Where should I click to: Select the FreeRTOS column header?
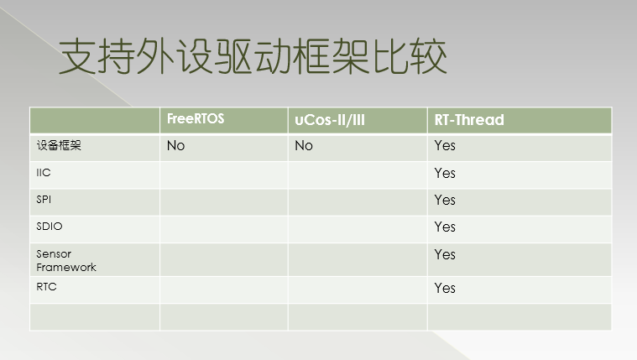[x=196, y=119]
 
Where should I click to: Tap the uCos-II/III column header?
[x=330, y=120]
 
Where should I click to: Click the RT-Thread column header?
[x=469, y=120]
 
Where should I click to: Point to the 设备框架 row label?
[x=59, y=145]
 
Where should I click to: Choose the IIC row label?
[x=44, y=173]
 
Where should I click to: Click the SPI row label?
[x=44, y=200]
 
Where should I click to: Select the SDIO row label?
[x=50, y=227]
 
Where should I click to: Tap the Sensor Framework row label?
[x=66, y=260]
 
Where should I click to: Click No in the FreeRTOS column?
[x=175, y=146]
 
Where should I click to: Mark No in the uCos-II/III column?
[x=304, y=146]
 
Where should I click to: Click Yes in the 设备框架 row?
[x=445, y=146]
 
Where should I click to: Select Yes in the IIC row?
[x=445, y=173]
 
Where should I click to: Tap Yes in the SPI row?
[x=445, y=200]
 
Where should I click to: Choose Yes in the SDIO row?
[x=445, y=227]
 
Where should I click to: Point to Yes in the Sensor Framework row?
[x=445, y=254]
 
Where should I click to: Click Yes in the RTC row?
[x=445, y=288]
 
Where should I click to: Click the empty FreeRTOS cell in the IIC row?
[x=224, y=175]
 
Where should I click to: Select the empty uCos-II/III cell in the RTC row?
[x=358, y=290]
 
